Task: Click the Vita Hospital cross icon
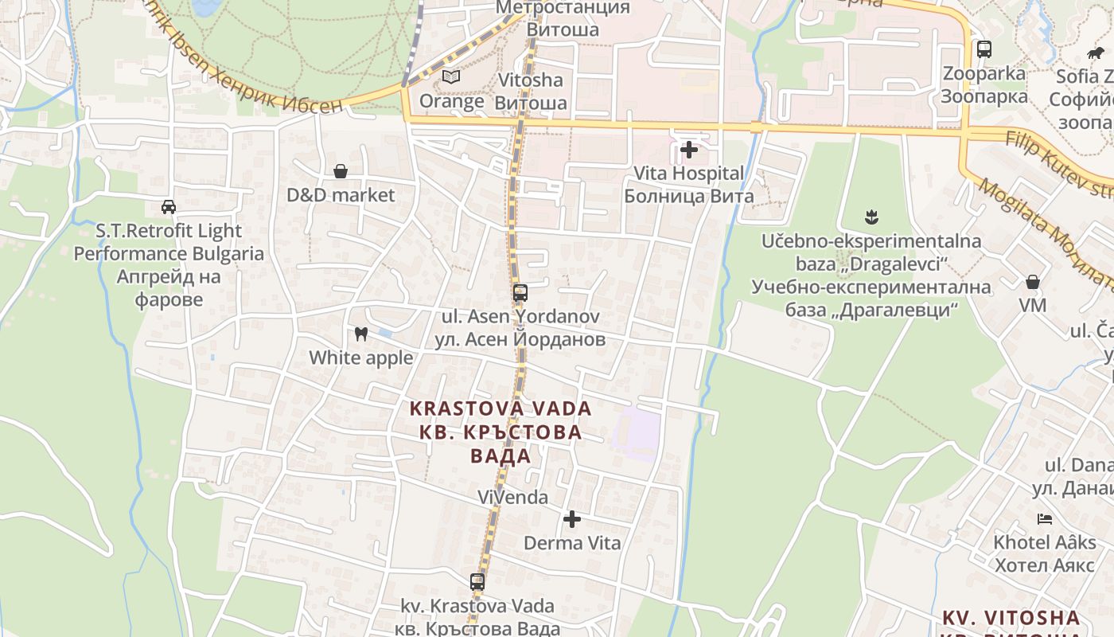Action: tap(689, 149)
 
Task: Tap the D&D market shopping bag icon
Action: tap(341, 171)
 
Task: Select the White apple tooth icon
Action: tap(360, 334)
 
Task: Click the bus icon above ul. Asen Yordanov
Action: tap(520, 293)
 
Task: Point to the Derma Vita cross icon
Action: tap(571, 520)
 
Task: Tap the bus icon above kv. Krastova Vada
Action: tap(477, 582)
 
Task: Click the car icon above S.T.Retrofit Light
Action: tap(169, 207)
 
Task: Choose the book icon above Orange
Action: tap(451, 77)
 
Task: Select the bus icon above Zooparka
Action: tap(984, 49)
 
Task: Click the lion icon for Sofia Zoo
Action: tap(1096, 53)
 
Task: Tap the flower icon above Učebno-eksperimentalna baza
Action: tap(871, 217)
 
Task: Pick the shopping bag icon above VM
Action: tap(1033, 282)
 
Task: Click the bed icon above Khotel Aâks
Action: tap(1045, 519)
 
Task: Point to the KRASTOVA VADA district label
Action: tap(501, 409)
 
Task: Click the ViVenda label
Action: tap(513, 498)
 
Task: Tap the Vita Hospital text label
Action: tap(689, 173)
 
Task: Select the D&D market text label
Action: tap(341, 195)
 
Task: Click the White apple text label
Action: tap(361, 358)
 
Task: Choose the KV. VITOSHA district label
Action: tap(1011, 618)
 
